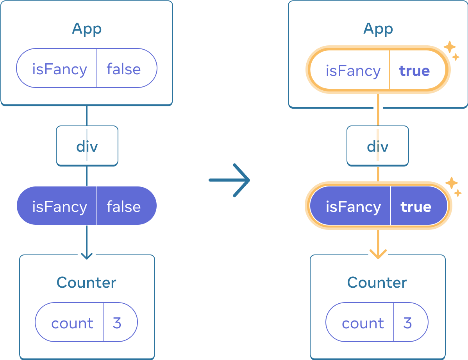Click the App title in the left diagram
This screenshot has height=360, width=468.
tap(87, 29)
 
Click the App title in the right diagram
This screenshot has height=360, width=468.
tap(378, 29)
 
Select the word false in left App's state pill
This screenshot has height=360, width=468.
tap(123, 69)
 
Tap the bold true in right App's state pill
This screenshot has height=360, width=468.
tap(414, 71)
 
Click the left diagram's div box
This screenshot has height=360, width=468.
tap(87, 146)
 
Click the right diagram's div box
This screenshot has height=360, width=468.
tap(378, 146)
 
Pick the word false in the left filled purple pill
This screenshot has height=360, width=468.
tap(123, 206)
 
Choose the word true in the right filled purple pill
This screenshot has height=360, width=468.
tap(416, 206)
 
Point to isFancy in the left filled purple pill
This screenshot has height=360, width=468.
tap(59, 206)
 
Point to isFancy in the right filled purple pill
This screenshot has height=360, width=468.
tap(353, 206)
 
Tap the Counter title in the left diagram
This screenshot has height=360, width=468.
tap(86, 283)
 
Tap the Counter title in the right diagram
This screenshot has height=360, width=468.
tap(377, 283)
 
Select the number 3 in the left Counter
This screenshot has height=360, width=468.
tap(117, 323)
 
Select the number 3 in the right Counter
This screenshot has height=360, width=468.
tap(407, 323)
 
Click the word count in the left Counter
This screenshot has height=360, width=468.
tap(72, 323)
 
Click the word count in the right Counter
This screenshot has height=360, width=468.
tap(363, 323)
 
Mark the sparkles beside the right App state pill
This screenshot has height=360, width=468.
tap(451, 50)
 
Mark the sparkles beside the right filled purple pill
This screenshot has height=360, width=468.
tap(453, 186)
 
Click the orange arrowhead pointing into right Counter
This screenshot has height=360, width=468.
tap(378, 254)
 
